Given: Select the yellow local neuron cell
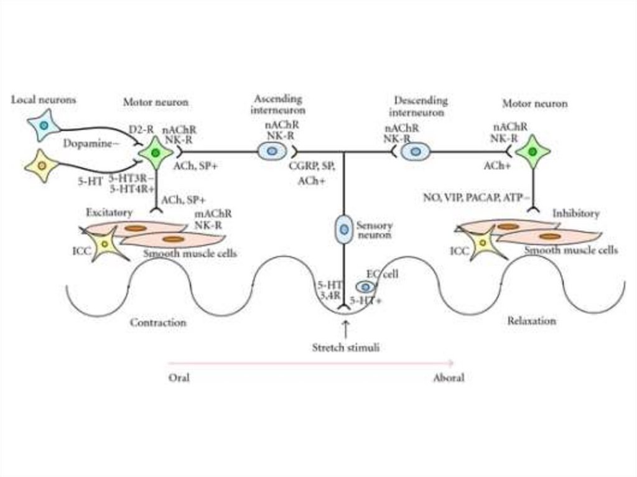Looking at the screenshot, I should coord(42,165).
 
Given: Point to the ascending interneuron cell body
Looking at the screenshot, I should coord(271,151).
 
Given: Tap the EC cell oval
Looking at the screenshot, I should coord(366,286).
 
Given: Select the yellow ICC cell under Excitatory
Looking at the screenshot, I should coord(105,243).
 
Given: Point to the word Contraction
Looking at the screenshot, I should coord(158,323).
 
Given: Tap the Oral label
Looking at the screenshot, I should coord(179,377).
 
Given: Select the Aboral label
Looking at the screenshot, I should coord(449,377).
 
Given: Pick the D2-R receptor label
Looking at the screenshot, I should coord(141,129).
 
